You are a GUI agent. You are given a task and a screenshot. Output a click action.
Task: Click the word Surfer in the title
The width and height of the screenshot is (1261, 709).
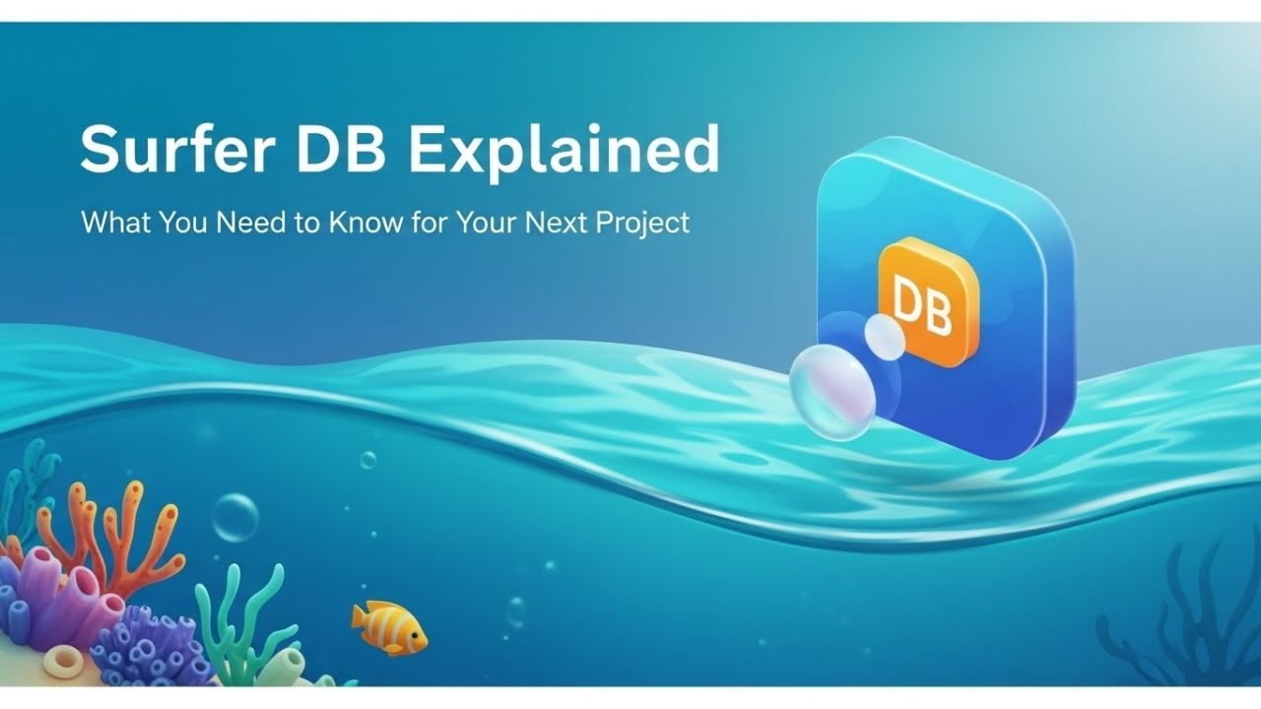pos(177,149)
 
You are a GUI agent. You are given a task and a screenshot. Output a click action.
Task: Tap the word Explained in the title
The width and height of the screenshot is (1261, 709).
pos(563,152)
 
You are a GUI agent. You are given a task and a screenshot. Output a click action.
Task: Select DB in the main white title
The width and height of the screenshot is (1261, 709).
pos(341,149)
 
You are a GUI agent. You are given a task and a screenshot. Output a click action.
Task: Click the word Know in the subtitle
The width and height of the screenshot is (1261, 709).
pos(365,223)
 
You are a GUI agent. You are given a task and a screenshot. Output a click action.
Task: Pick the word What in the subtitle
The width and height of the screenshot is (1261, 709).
pos(116,223)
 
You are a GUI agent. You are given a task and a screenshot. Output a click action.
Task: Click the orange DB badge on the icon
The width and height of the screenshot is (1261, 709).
pos(928,301)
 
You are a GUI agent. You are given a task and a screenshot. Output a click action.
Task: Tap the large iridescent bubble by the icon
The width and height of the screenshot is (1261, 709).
pos(832,392)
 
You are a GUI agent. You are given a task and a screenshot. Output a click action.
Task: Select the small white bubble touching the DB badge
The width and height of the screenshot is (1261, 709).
pos(885,337)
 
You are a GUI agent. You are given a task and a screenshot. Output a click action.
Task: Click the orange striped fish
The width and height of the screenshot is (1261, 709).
pos(389,628)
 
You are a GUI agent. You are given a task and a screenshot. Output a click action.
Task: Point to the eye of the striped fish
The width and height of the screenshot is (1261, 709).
pos(415,635)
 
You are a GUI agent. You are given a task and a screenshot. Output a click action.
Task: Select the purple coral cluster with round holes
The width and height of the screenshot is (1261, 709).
pos(149,648)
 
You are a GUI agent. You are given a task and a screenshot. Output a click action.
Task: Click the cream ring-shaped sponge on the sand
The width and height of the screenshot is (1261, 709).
pos(63,662)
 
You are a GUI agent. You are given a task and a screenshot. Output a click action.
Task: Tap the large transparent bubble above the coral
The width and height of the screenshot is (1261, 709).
pos(235,518)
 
